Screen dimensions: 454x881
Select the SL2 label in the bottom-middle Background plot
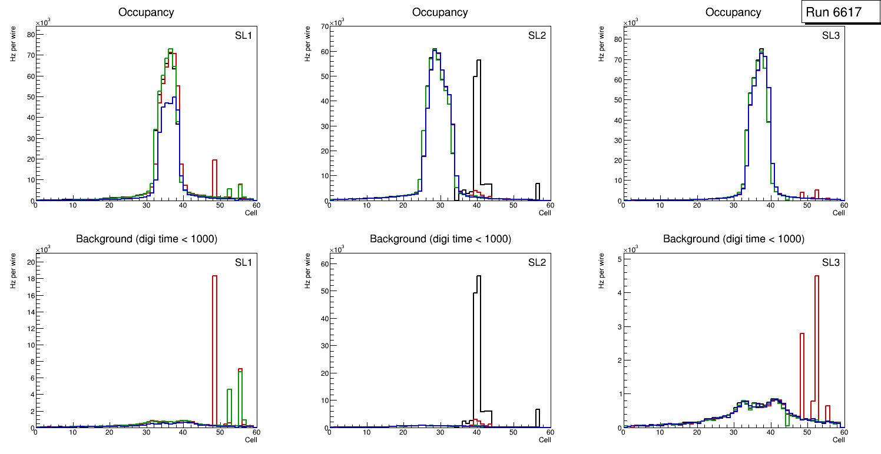pos(537,262)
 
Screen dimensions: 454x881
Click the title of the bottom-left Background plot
pos(146,239)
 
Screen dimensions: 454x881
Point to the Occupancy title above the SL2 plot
pos(440,12)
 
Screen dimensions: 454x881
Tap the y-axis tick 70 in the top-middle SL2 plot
pos(322,26)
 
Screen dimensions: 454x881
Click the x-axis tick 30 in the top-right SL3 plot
pos(733,205)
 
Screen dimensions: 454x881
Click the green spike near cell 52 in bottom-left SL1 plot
pos(229,406)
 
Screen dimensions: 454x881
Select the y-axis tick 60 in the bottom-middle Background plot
pos(322,263)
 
